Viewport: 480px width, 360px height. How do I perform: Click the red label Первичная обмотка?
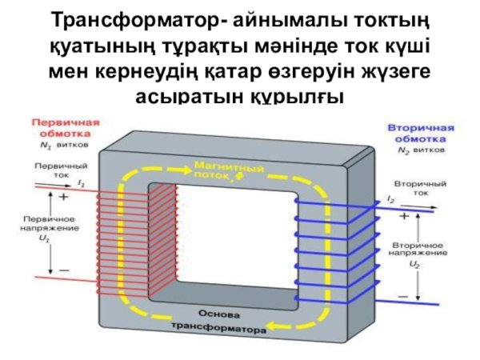[x=66, y=129]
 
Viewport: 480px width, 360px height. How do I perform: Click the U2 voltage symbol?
[x=414, y=262]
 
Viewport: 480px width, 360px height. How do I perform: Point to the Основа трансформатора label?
[x=216, y=320]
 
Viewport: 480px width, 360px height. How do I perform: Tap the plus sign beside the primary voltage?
[x=63, y=194]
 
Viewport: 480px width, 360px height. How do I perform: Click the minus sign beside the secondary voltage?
[x=402, y=294]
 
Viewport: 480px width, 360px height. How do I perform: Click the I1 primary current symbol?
[x=82, y=183]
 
